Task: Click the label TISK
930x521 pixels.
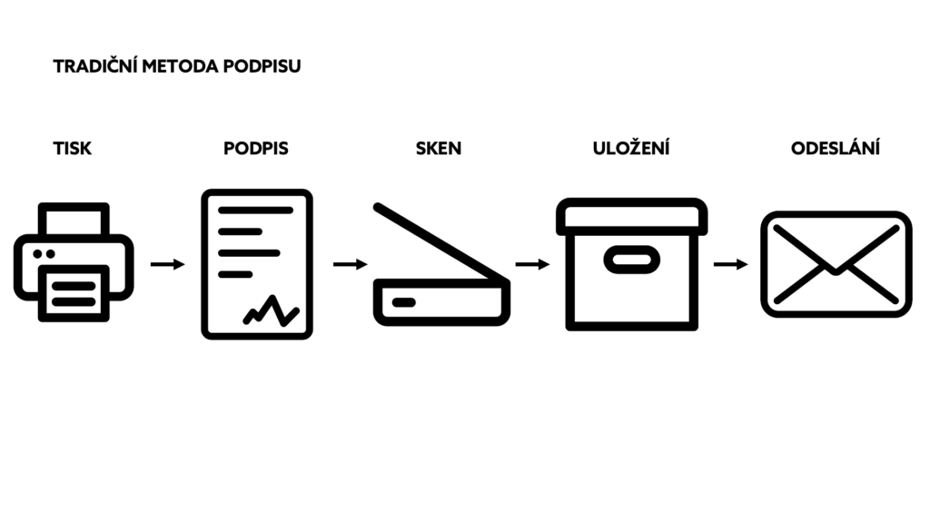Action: click(x=73, y=148)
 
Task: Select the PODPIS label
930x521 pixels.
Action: click(x=255, y=148)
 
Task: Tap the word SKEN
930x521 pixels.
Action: click(x=439, y=148)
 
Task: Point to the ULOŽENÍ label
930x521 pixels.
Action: click(x=631, y=147)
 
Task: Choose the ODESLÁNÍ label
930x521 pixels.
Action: click(x=836, y=147)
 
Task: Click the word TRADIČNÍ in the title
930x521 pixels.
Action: click(x=94, y=65)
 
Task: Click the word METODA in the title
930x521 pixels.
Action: click(x=180, y=65)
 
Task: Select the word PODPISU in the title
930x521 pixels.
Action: click(x=262, y=65)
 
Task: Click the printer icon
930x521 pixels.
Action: click(x=74, y=262)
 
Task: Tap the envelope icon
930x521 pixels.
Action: click(x=836, y=264)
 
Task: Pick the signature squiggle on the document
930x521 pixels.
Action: click(x=271, y=311)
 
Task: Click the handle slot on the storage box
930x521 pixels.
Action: click(x=632, y=260)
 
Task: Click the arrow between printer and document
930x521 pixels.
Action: click(x=168, y=264)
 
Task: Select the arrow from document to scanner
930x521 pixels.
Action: click(x=351, y=264)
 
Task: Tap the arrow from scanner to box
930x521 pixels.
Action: click(x=532, y=264)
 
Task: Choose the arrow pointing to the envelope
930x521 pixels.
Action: click(x=731, y=264)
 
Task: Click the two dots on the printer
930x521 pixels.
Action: click(x=44, y=254)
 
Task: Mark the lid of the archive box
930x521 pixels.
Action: click(x=632, y=217)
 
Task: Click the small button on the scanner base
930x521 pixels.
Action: click(x=404, y=303)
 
